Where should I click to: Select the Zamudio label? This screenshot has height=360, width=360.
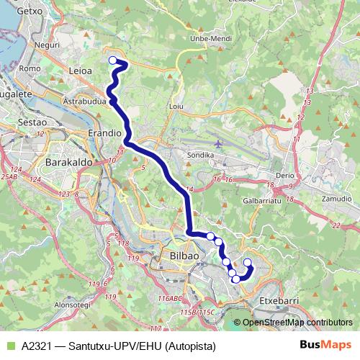coord(336,197)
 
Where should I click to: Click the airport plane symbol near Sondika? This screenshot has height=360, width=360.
coord(219,142)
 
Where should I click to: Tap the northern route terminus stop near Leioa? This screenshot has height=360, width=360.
coord(112,60)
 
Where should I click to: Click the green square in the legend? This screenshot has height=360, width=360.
coord(9,346)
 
